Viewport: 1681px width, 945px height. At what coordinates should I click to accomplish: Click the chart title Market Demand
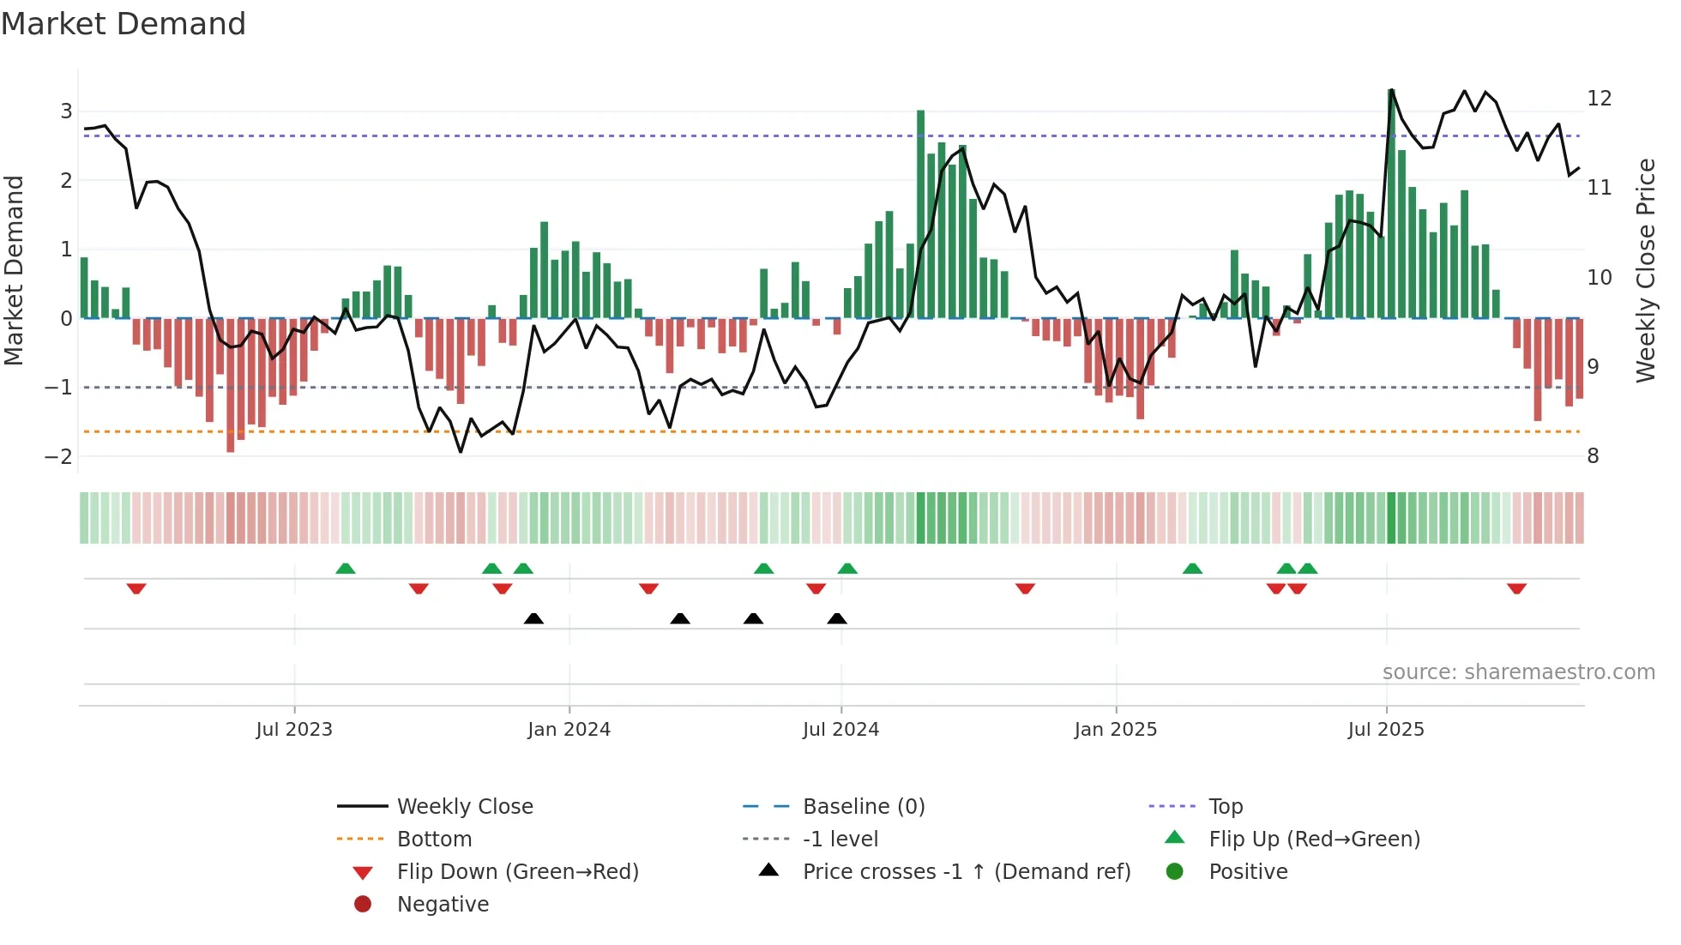(124, 24)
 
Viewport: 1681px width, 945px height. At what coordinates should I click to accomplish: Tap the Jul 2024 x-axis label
(840, 730)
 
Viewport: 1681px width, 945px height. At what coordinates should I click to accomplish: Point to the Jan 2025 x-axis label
(1115, 730)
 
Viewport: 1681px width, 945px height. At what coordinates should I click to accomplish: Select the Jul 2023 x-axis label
(294, 730)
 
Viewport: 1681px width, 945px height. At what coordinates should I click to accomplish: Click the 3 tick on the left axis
(66, 111)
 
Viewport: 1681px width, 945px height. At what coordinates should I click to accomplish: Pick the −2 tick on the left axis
(59, 456)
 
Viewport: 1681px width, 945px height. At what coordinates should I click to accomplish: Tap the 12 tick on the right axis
(1599, 98)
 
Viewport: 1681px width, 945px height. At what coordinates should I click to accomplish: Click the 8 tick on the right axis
(1593, 456)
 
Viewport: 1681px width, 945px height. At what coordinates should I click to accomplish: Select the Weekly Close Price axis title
(1645, 270)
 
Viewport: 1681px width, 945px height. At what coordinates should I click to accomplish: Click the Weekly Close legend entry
(464, 806)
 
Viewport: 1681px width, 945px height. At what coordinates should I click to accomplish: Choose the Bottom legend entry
(434, 839)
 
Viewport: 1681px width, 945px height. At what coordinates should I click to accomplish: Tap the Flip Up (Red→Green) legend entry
(1314, 839)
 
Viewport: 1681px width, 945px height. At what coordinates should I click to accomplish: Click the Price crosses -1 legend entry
(966, 871)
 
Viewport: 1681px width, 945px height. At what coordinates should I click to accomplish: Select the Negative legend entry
(443, 904)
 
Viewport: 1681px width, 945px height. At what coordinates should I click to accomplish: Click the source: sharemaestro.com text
(1518, 671)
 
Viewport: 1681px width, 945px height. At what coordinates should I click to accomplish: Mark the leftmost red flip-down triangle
(136, 588)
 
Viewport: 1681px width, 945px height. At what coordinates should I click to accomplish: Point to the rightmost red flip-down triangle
(1516, 588)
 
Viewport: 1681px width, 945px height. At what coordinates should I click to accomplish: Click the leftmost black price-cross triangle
(533, 618)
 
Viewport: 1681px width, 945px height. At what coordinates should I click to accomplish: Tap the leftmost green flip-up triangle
(346, 569)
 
